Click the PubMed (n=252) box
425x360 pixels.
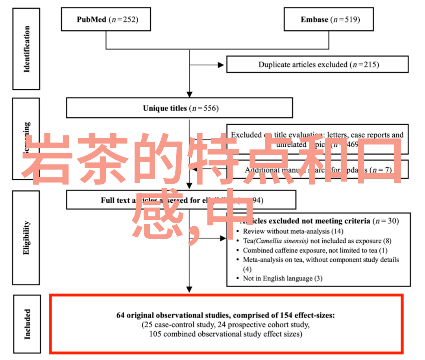[x=106, y=19]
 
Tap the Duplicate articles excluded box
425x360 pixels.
[x=317, y=65]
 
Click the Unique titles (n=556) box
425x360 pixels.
[x=179, y=108]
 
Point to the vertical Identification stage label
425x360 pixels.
[x=26, y=49]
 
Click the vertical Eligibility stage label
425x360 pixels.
[x=26, y=238]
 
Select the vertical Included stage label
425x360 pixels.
[x=27, y=324]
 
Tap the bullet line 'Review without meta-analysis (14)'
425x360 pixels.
[x=293, y=231]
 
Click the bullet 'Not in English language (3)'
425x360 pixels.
[x=282, y=279]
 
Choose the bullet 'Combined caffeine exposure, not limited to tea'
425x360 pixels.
[x=315, y=250]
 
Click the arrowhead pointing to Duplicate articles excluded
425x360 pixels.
[x=221, y=65]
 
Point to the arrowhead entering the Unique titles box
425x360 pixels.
[x=190, y=94]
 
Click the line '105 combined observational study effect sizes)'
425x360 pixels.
[x=225, y=334]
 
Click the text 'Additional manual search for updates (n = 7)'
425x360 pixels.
[x=318, y=170]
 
